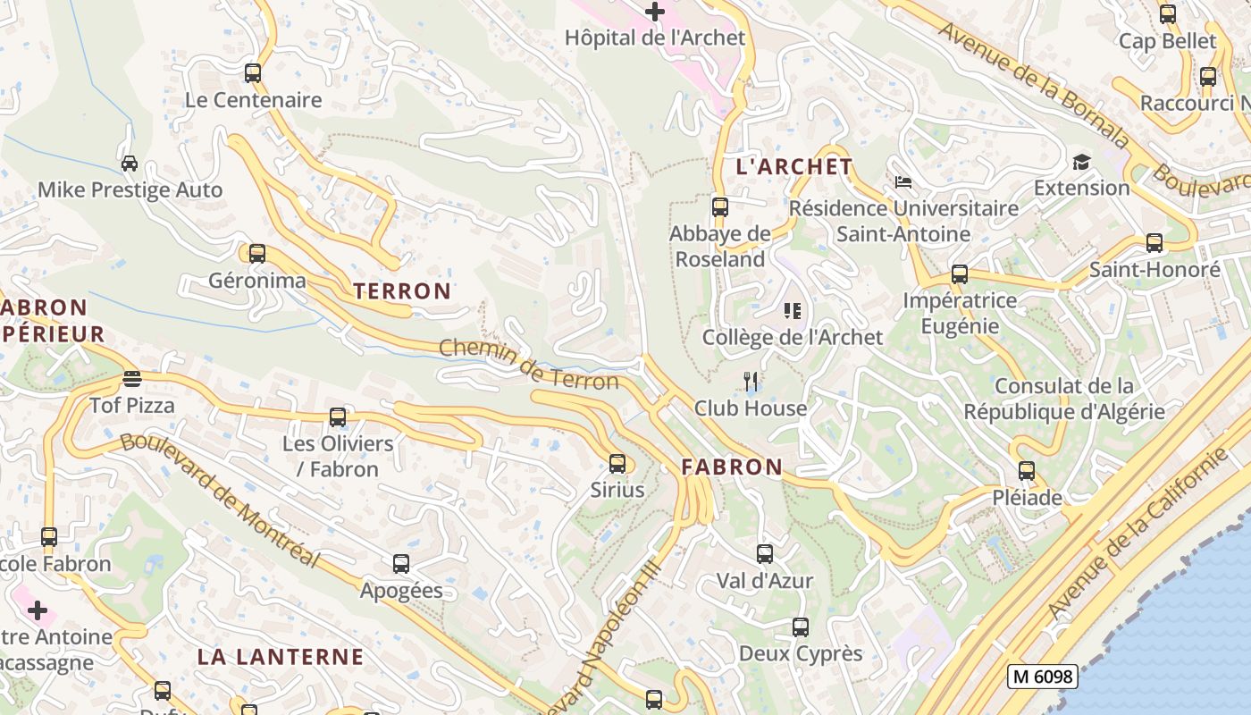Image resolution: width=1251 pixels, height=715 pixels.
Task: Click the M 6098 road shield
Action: tap(1042, 677)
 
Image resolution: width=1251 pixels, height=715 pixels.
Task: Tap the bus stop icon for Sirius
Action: tap(617, 464)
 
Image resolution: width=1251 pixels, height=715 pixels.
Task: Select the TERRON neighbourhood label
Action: tap(402, 291)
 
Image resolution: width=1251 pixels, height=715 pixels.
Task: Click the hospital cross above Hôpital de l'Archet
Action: tap(655, 12)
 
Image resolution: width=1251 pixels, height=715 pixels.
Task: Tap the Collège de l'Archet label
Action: tap(792, 338)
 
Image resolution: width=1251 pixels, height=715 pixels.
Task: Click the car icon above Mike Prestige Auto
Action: tap(130, 164)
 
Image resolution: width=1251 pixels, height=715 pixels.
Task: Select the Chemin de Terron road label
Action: tap(528, 365)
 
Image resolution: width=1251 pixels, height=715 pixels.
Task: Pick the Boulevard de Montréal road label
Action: tap(220, 500)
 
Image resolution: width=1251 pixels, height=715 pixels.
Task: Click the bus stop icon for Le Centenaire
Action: tap(253, 73)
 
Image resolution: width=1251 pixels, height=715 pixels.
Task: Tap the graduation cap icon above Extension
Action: tap(1082, 162)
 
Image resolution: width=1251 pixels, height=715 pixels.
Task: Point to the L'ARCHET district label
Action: tap(794, 167)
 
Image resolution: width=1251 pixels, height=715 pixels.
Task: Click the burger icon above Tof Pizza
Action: tap(132, 379)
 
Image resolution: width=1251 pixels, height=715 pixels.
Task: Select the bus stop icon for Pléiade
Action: tap(1027, 471)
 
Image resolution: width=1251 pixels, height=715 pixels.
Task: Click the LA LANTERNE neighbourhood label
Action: tap(281, 657)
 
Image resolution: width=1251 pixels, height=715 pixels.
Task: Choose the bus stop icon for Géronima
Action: tap(257, 254)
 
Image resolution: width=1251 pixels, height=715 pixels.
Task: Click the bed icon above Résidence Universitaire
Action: tap(903, 182)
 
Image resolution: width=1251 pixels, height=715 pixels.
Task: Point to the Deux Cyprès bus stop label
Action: tap(801, 653)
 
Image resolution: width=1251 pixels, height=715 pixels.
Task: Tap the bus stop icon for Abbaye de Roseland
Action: tap(719, 207)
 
